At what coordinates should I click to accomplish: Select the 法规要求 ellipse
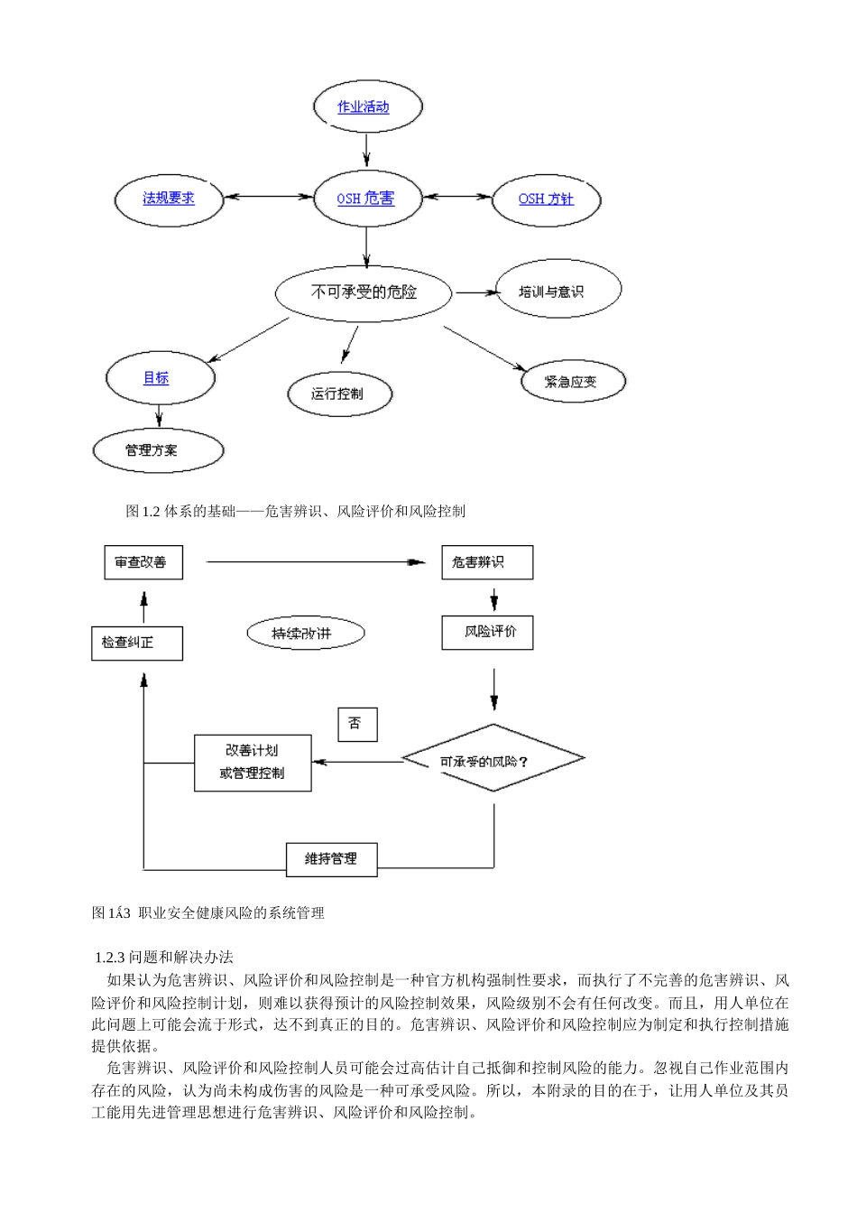169,199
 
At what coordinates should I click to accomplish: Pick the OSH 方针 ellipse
546,199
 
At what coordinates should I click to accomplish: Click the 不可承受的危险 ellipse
364,292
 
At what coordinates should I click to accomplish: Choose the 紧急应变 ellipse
572,382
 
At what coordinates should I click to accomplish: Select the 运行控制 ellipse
339,394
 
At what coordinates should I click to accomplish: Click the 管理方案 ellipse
158,450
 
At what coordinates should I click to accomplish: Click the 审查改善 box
143,562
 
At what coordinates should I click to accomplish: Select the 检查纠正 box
137,643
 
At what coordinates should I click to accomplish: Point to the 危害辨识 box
487,562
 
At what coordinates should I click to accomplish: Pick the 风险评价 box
487,632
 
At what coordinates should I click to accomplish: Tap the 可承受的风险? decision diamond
493,760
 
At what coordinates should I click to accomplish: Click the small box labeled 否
357,724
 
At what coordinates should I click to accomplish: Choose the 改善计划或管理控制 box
253,763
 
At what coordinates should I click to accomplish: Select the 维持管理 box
331,859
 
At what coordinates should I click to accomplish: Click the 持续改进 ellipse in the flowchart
305,634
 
